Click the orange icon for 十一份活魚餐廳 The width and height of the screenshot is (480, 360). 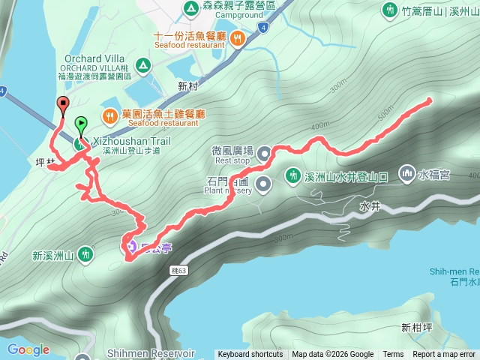point(237,37)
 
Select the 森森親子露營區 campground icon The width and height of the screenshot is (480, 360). point(190,7)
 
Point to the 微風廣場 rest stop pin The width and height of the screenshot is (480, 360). point(264,154)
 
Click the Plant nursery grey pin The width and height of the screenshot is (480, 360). point(263,183)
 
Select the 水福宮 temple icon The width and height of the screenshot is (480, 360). point(406,173)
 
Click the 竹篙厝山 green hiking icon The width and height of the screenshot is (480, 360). point(389,10)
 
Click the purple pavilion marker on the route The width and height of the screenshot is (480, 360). point(130,244)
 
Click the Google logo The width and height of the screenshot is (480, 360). point(28,349)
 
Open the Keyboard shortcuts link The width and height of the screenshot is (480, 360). point(250,355)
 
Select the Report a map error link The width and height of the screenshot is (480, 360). point(445,355)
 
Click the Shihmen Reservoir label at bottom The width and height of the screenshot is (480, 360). point(150,353)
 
